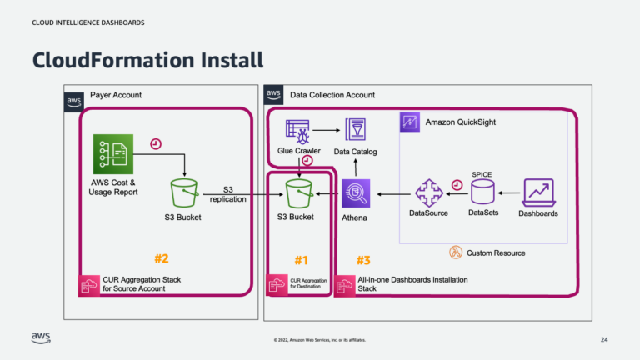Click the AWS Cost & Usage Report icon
click(x=113, y=155)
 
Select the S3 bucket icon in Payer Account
click(x=182, y=193)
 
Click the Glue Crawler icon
click(x=297, y=131)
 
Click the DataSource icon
click(x=428, y=193)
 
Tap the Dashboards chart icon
click(x=537, y=192)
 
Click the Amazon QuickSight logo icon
click(x=409, y=122)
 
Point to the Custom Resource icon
click(x=456, y=252)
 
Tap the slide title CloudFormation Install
click(x=147, y=59)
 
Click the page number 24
click(x=604, y=340)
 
